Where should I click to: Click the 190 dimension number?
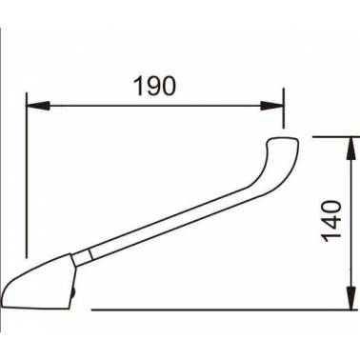point(154,86)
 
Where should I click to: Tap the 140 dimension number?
point(331,221)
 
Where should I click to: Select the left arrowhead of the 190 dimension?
point(38,106)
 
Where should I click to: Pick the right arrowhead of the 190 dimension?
point(272,106)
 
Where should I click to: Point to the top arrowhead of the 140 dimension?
point(350,149)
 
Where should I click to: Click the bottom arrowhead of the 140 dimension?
point(350,298)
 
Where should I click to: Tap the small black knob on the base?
point(73,293)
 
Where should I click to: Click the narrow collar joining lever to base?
point(83,258)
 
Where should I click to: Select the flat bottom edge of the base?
point(34,307)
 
